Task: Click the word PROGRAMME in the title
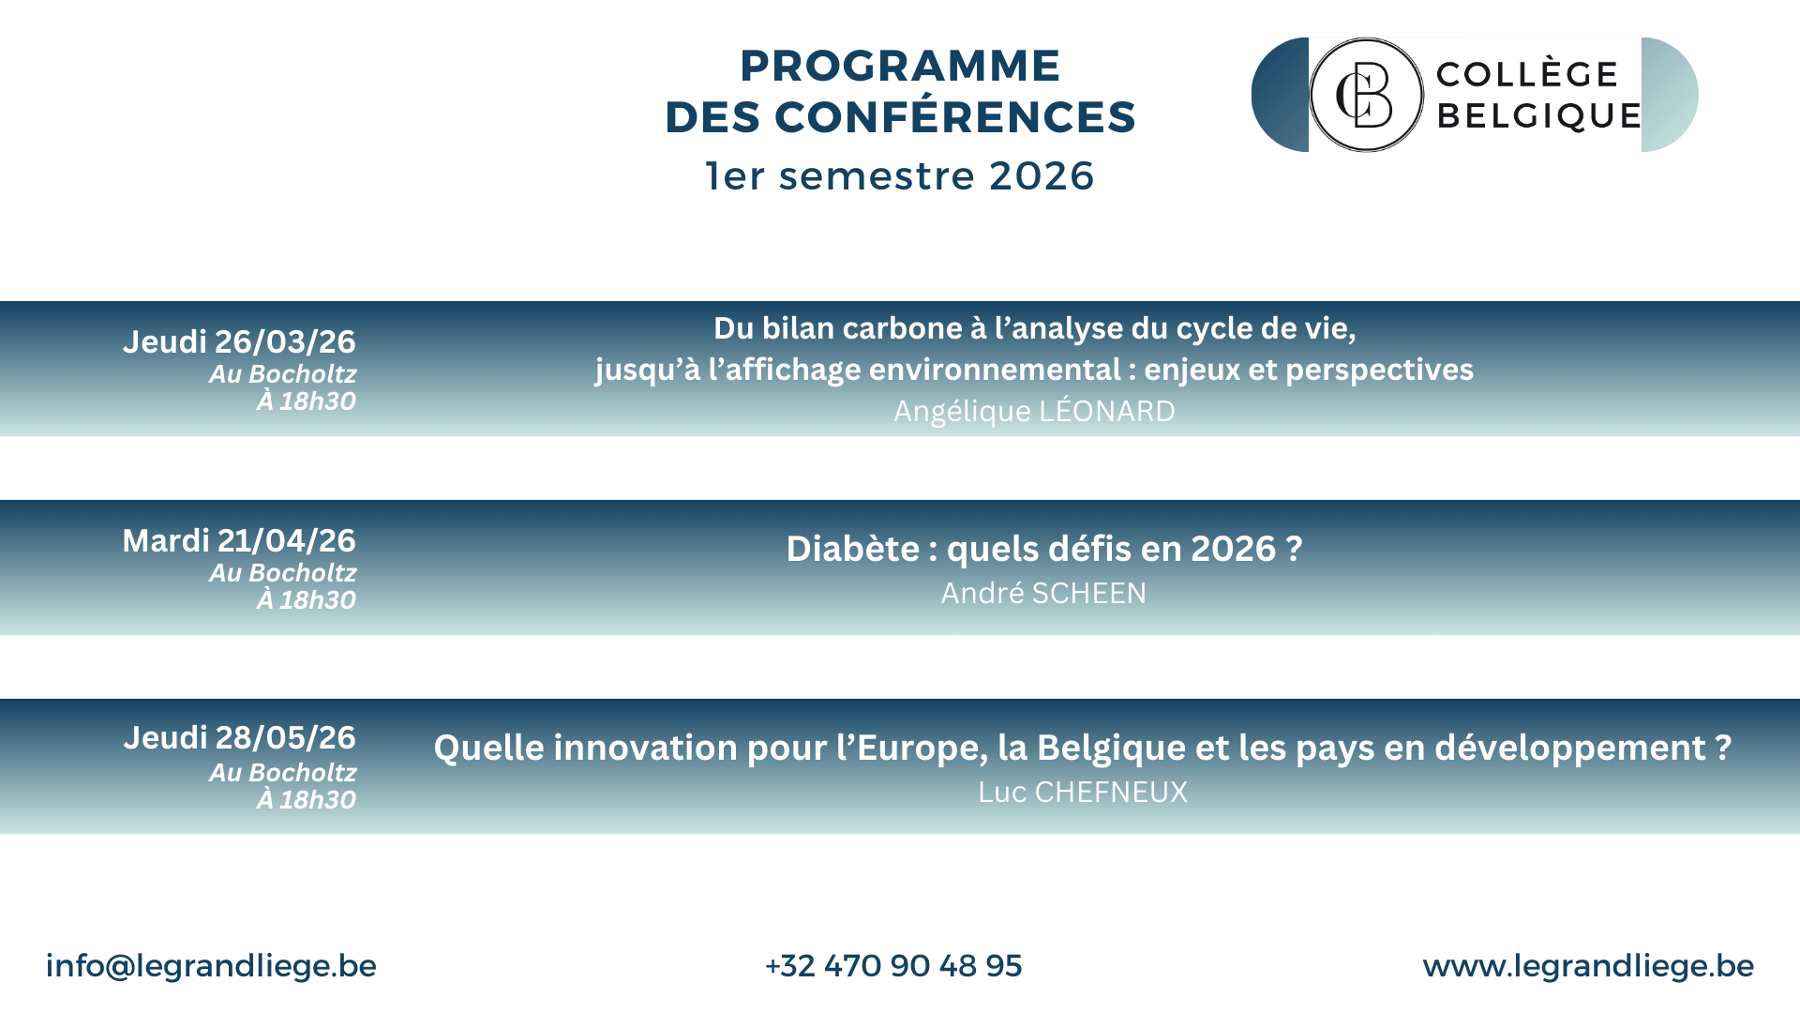pyautogui.click(x=900, y=66)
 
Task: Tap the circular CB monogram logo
pyautogui.click(x=1366, y=95)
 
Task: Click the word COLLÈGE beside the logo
pyautogui.click(x=1527, y=73)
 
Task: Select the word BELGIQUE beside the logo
pyautogui.click(x=1538, y=115)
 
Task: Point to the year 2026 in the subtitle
pyautogui.click(x=1042, y=176)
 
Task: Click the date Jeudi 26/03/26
pyautogui.click(x=239, y=341)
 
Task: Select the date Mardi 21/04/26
pyautogui.click(x=239, y=540)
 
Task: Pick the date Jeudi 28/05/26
pyautogui.click(x=239, y=738)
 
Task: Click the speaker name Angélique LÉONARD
pyautogui.click(x=1034, y=412)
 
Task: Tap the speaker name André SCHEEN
pyautogui.click(x=1043, y=593)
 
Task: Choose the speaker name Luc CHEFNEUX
pyautogui.click(x=1083, y=792)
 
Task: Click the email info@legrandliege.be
pyautogui.click(x=211, y=966)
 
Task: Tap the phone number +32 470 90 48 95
pyautogui.click(x=893, y=966)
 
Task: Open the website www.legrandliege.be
pyautogui.click(x=1588, y=966)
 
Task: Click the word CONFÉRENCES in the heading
pyautogui.click(x=955, y=117)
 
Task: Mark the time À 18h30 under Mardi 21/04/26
pyautogui.click(x=307, y=599)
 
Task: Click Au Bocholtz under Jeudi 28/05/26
pyautogui.click(x=283, y=773)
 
